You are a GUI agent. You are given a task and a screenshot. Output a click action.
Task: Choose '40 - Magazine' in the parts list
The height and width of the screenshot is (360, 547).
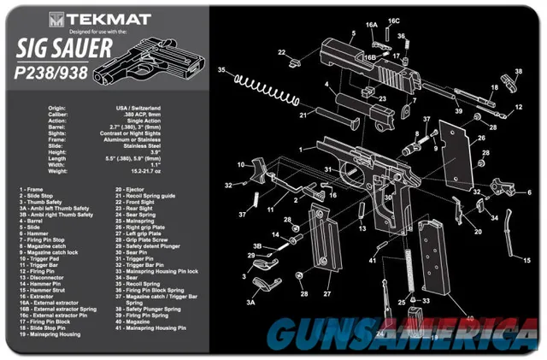[x=138, y=327]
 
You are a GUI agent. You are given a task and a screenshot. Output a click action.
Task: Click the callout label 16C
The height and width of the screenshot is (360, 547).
[x=393, y=20]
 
